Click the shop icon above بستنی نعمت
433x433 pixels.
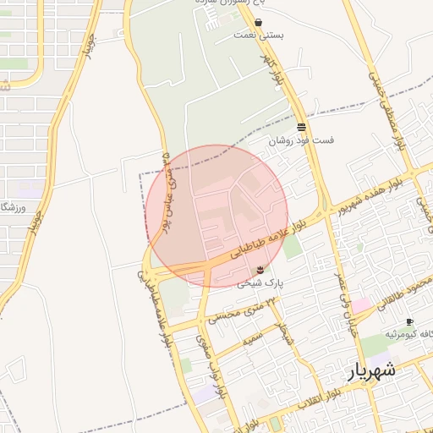(x=257, y=23)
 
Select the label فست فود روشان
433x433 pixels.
(x=301, y=140)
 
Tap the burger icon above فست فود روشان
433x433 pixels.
(x=301, y=127)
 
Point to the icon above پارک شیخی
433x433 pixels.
(x=260, y=269)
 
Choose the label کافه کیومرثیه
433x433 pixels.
(x=408, y=335)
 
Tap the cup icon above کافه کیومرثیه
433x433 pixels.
(x=409, y=321)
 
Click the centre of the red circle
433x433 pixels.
(x=216, y=216)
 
